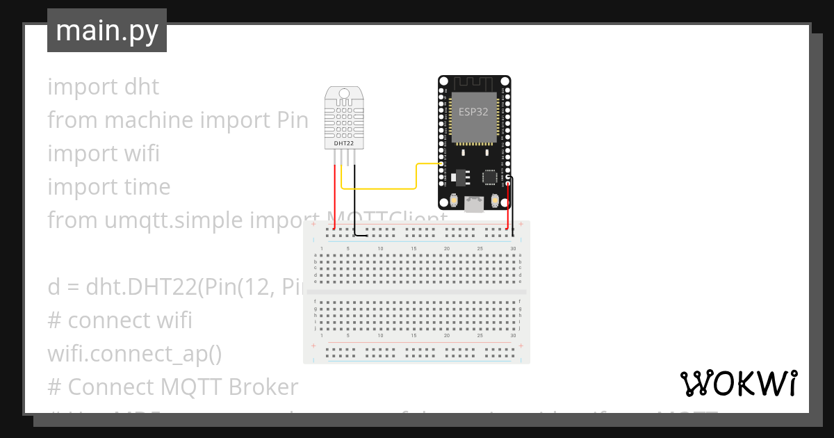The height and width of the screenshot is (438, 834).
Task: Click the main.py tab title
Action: click(107, 31)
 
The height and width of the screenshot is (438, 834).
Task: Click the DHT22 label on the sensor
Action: click(344, 143)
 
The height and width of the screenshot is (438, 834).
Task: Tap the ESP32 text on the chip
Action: click(473, 111)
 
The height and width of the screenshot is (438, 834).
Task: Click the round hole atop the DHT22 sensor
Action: click(343, 93)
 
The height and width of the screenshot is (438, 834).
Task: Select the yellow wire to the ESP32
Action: click(389, 188)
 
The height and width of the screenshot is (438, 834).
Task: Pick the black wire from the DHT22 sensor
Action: click(354, 202)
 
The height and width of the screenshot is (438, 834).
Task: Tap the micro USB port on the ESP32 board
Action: click(475, 204)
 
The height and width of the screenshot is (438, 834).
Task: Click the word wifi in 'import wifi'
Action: click(142, 154)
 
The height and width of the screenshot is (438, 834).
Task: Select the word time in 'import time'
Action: click(148, 187)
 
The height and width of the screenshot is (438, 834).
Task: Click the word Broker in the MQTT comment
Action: click(264, 387)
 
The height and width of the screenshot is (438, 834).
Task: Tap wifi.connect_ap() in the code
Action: click(134, 354)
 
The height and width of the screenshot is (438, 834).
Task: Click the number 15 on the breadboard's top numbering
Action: click(414, 248)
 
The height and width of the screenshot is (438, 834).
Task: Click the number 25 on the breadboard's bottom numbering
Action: click(480, 335)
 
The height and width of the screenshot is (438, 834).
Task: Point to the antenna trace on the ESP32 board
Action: click(474, 83)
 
